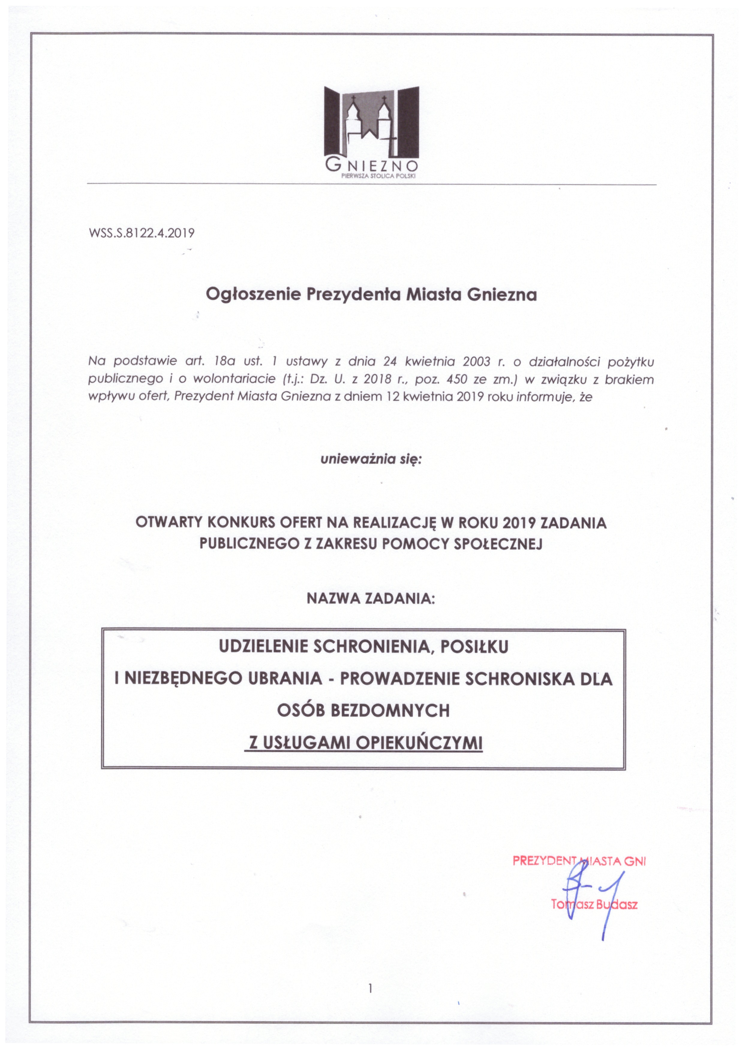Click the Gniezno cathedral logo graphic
372,121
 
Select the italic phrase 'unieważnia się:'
371,459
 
